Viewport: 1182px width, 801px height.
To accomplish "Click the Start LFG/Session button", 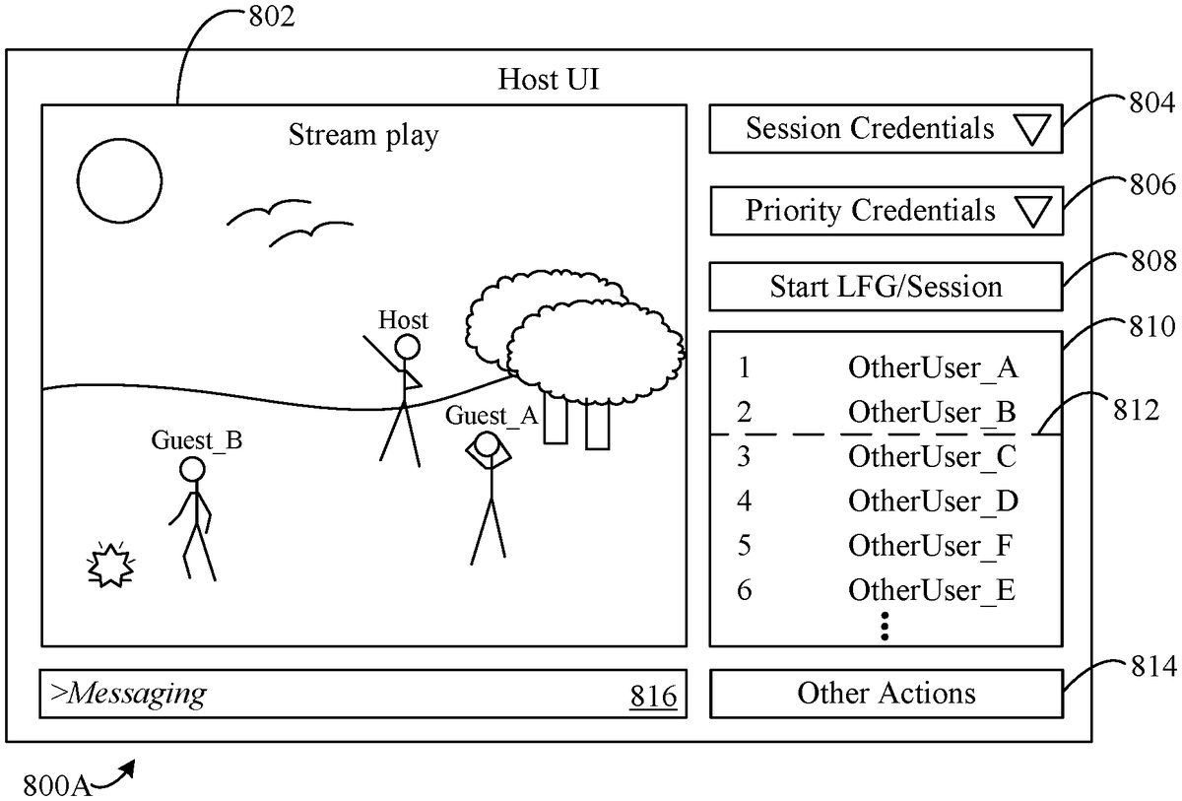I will [886, 287].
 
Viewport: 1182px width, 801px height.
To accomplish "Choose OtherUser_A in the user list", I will [932, 368].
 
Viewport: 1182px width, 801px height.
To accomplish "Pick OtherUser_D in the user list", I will [932, 501].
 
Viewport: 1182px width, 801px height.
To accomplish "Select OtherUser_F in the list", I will [932, 545].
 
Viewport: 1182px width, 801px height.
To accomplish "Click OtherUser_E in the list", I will [932, 589].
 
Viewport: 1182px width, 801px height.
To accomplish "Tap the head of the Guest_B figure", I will [193, 469].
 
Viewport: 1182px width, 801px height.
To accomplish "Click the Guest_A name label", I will [492, 416].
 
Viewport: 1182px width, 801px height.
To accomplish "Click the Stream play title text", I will [362, 135].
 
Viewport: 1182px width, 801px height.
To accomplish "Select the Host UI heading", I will [549, 79].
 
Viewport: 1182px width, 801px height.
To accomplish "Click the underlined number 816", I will [653, 697].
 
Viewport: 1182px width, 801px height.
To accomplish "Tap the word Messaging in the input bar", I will [131, 694].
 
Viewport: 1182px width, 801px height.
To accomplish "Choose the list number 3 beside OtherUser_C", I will [744, 457].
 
